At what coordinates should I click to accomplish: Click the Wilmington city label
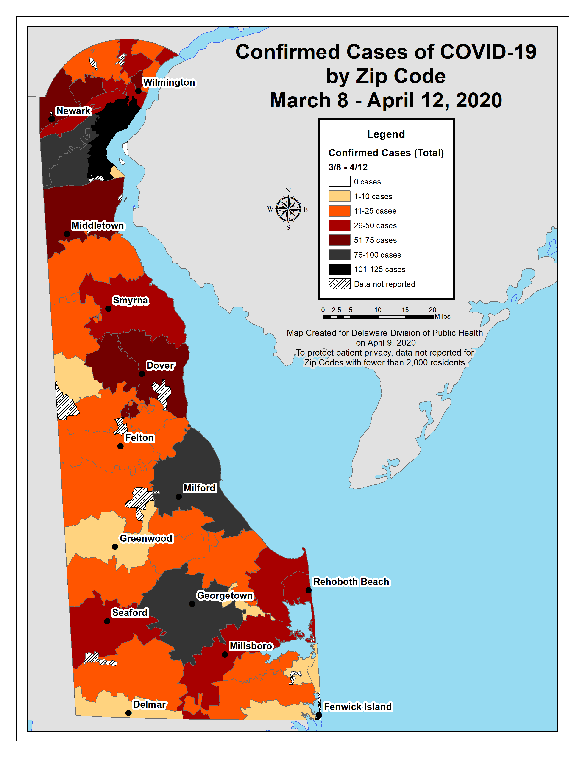pos(169,83)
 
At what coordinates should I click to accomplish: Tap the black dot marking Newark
pos(51,119)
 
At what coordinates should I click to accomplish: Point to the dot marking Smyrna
pos(108,309)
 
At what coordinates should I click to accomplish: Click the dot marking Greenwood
pos(115,547)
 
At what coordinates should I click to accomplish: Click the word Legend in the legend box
pos(386,134)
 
